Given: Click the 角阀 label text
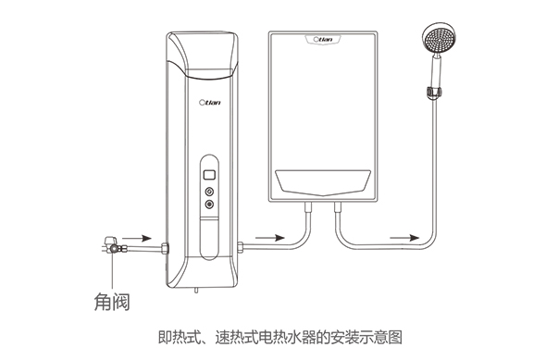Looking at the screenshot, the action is pos(112,302).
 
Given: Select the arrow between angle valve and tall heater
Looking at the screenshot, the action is pos(137,239).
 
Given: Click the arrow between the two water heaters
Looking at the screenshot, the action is pos(270,238).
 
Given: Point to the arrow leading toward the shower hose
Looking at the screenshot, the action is pos(404,238).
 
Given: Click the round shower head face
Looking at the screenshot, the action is pos(439,39).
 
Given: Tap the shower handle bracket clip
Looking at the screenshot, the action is pos(434,93).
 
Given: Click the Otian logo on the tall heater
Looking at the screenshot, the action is pos(210,103).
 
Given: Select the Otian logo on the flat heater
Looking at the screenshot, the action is pos(323,40).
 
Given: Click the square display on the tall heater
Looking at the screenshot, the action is pos(209,174).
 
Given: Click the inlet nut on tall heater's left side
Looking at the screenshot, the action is pos(165,249).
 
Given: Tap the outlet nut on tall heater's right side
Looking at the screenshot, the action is pos(241,247).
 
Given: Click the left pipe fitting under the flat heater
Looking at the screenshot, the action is pos(308,206).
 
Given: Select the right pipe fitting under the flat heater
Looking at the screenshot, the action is pos(338,206).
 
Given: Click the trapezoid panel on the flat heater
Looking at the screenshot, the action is pos(323,182).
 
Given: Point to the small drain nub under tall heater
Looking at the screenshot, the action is pos(195,291).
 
